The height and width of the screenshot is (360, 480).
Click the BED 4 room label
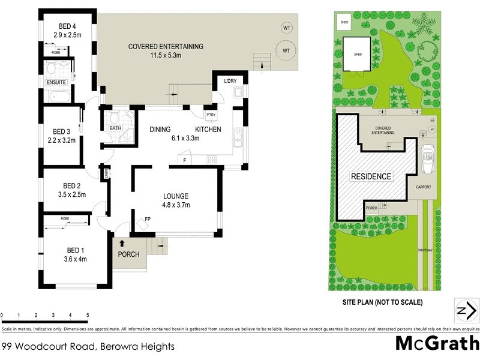click(x=66, y=26)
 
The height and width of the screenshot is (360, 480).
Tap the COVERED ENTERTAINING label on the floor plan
click(x=166, y=46)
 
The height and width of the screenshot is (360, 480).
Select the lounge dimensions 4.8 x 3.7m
click(x=176, y=205)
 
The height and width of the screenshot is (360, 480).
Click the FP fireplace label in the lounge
click(x=148, y=220)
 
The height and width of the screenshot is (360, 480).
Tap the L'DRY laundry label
click(x=230, y=82)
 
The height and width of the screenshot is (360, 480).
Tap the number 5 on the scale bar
click(x=88, y=315)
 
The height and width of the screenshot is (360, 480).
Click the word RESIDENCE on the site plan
click(x=371, y=176)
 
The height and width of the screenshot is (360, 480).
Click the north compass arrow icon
click(x=466, y=310)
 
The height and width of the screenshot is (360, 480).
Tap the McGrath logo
click(x=436, y=344)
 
